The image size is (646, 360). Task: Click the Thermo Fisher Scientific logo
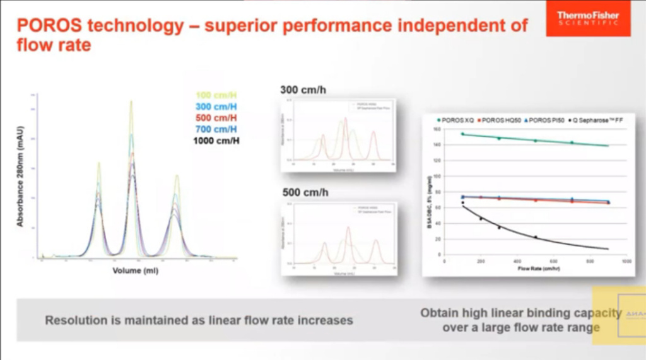[x=588, y=18]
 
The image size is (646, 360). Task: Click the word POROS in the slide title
[x=49, y=26]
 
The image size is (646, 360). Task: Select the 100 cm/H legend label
[x=216, y=95]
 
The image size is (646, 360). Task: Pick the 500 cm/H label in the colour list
[x=216, y=118]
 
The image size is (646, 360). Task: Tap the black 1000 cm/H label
[x=216, y=141]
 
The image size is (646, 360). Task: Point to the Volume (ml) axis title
[x=136, y=270]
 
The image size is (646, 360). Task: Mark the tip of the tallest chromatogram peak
[x=131, y=102]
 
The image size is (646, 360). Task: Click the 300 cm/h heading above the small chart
[x=303, y=90]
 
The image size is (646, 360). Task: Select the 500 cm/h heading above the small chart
[x=303, y=192]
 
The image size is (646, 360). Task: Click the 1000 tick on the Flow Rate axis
[x=626, y=261]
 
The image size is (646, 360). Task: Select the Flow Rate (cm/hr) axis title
[x=536, y=268]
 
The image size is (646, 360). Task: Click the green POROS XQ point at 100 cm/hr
[x=462, y=134]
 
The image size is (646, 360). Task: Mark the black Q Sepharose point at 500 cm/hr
[x=536, y=237]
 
